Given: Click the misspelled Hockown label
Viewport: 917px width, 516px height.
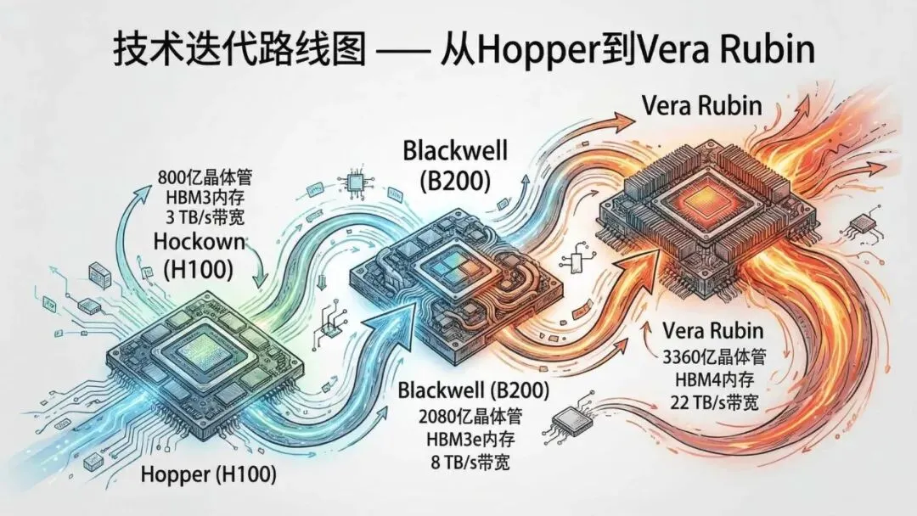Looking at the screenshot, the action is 199,242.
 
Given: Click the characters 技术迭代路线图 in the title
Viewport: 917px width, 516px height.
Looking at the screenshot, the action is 239,51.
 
